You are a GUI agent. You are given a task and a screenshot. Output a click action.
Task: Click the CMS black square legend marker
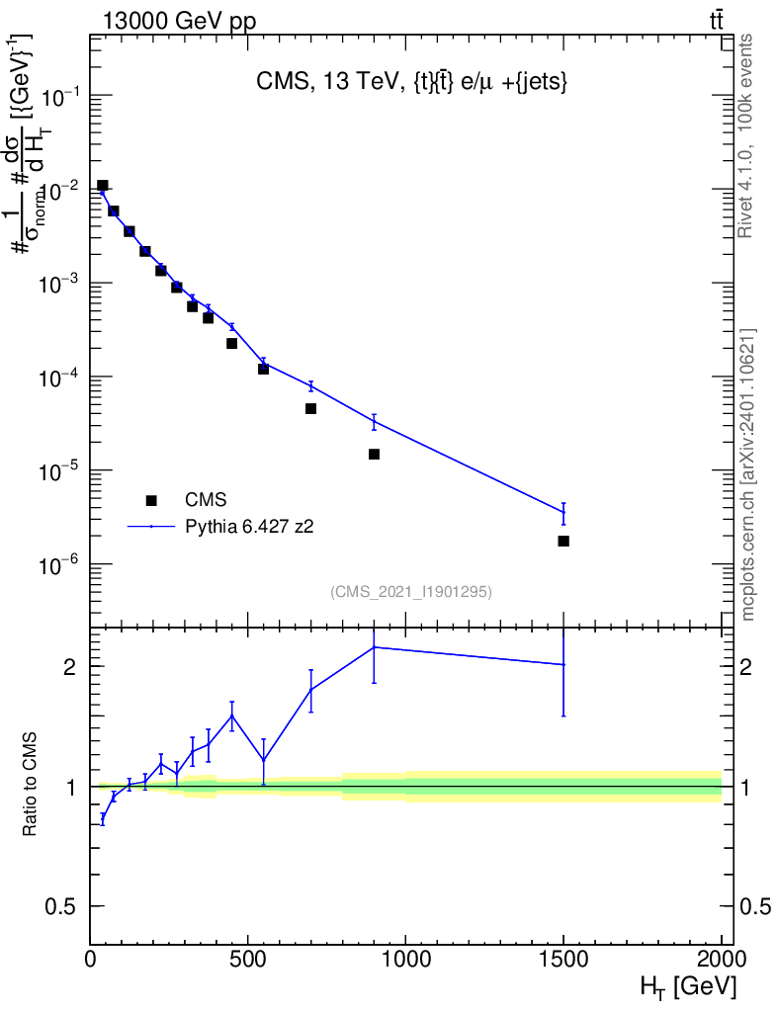[x=151, y=500]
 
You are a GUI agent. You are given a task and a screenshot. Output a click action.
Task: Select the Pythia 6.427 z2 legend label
[x=250, y=527]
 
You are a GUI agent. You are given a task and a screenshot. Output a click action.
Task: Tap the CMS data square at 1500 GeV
[x=563, y=541]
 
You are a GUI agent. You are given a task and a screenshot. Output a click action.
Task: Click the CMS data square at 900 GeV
[x=374, y=454]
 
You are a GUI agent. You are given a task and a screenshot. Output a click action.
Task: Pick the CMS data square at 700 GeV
[x=310, y=408]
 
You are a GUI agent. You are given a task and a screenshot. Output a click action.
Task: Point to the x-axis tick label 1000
[x=405, y=958]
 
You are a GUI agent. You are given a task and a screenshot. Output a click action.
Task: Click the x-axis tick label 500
[x=247, y=958]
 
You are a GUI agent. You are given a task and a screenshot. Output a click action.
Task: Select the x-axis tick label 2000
[x=721, y=958]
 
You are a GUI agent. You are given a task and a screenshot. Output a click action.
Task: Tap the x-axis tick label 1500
[x=563, y=958]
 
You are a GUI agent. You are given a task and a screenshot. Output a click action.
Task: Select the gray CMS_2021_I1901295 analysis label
[x=411, y=592]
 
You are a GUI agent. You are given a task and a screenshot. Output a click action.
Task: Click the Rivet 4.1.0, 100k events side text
[x=747, y=135]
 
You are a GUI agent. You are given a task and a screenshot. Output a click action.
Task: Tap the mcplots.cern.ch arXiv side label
[x=748, y=474]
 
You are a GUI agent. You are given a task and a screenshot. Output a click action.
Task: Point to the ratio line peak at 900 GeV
[x=374, y=647]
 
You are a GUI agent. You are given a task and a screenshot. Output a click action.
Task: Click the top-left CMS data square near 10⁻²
[x=102, y=185]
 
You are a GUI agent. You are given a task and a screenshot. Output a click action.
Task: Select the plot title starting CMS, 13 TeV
[x=410, y=84]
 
